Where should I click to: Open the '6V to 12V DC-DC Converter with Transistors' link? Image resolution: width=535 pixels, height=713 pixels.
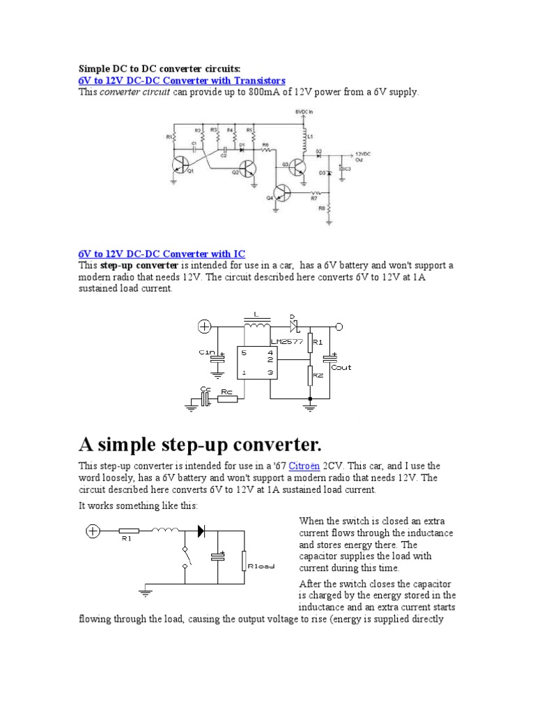pos(182,81)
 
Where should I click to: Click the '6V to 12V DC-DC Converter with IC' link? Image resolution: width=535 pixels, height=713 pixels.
pos(162,254)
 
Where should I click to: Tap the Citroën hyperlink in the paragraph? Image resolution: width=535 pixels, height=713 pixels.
pos(304,465)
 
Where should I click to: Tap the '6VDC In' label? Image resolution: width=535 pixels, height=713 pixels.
pos(304,111)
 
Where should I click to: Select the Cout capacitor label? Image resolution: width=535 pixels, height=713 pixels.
pos(341,367)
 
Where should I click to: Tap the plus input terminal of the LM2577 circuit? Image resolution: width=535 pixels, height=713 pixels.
pos(205,326)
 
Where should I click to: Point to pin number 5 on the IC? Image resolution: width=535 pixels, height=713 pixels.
pos(245,352)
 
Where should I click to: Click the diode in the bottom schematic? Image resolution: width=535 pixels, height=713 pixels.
pos(202,531)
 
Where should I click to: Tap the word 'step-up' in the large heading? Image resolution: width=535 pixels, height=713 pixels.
pos(197,444)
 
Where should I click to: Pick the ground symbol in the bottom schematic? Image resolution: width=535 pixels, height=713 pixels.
pos(145,593)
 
